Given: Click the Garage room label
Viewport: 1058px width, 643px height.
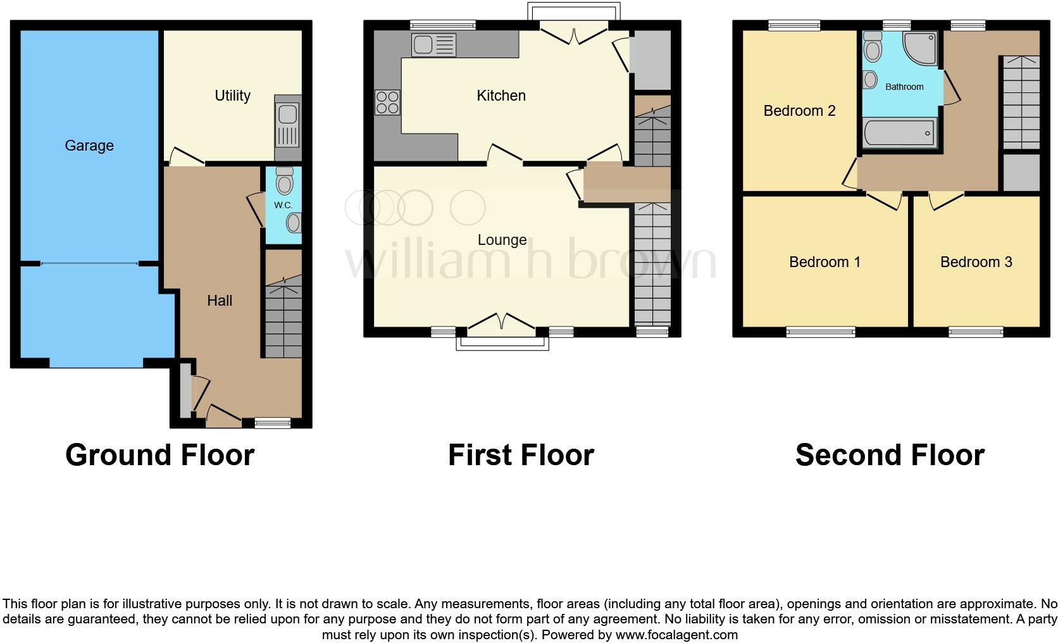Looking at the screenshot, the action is click(89, 146).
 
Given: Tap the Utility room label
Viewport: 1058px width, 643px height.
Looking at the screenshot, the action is click(232, 96).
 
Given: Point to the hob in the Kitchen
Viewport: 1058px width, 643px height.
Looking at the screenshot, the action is click(387, 103).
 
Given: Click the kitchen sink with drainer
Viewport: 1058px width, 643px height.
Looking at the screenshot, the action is click(433, 45).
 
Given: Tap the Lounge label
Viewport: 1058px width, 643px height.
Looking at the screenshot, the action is click(502, 240).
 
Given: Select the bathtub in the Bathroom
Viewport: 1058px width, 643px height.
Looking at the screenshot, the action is click(899, 133).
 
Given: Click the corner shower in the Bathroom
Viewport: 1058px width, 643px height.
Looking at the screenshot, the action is click(919, 48).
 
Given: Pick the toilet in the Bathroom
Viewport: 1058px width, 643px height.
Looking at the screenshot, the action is click(873, 46).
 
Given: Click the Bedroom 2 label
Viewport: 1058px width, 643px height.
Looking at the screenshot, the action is click(800, 111).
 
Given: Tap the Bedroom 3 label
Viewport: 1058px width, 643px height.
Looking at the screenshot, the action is click(976, 262).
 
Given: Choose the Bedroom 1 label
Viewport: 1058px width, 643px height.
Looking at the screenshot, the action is click(825, 262).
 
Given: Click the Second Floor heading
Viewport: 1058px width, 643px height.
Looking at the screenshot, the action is click(890, 455).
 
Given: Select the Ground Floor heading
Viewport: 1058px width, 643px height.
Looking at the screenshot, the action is click(160, 455).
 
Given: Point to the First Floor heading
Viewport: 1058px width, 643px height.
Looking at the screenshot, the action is click(521, 455).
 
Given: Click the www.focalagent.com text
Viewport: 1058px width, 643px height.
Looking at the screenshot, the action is click(676, 635).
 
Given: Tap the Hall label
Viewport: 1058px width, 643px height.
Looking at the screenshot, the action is click(220, 301).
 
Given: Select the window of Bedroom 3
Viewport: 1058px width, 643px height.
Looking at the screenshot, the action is click(976, 332).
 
